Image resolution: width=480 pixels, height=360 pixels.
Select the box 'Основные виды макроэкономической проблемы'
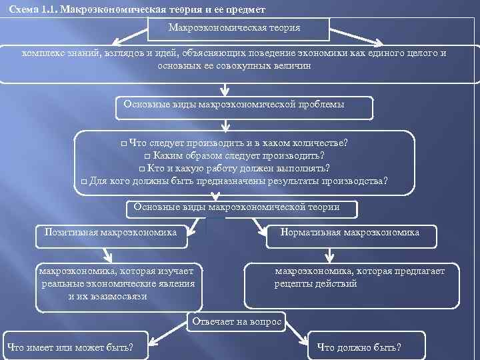tap(234, 105)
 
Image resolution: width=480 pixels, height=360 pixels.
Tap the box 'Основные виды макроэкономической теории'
tap(241, 208)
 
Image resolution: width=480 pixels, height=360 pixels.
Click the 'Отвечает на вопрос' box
tap(237, 322)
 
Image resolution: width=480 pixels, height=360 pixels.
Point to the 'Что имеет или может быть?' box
tap(69, 347)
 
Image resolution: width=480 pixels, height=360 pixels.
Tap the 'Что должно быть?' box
tap(360, 347)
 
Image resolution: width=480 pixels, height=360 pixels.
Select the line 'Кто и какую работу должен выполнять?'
tap(239, 168)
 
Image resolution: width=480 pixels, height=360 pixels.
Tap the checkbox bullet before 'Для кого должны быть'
tap(83, 181)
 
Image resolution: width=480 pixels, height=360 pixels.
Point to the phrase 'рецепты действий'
tap(315, 284)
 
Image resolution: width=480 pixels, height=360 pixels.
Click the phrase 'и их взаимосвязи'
tap(107, 296)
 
